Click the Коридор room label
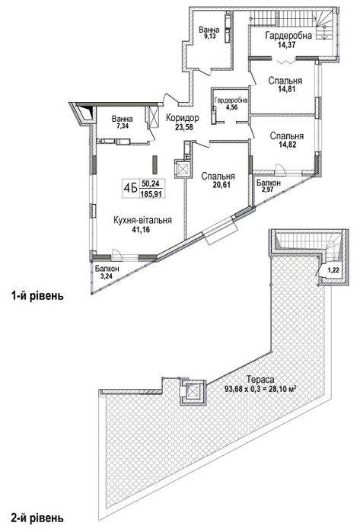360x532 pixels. point(183,118)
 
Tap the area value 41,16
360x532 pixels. point(141,230)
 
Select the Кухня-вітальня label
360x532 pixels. point(142,220)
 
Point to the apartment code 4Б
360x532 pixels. point(130,187)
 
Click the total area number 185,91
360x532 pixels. point(152,194)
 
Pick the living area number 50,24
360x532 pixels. point(152,184)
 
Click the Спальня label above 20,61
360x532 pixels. point(218,177)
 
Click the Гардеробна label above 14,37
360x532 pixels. point(288,36)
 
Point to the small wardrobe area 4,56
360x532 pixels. point(231,109)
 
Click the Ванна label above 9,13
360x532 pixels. point(209,30)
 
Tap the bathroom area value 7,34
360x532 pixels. point(122,126)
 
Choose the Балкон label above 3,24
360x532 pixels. point(107,269)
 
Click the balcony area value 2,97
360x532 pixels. point(268,190)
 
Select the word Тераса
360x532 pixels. point(260,379)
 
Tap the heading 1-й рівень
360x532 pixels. point(37,296)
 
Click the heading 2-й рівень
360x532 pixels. point(37,518)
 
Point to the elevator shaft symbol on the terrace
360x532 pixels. point(193,392)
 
